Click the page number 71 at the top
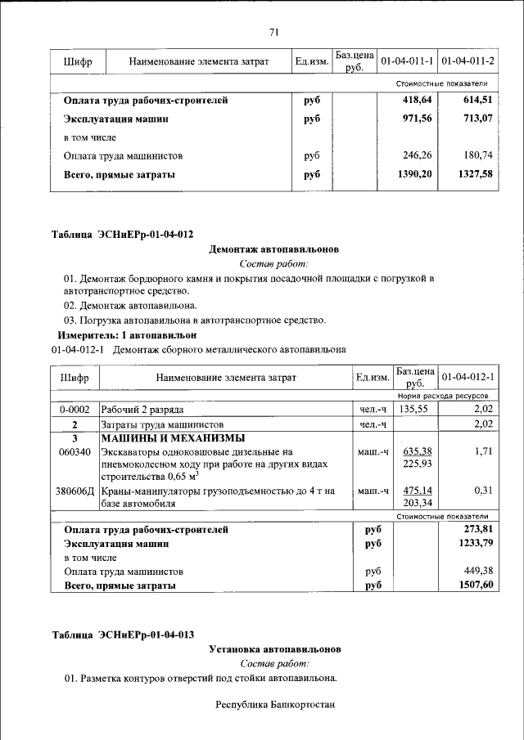(x=274, y=32)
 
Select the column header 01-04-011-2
(x=468, y=61)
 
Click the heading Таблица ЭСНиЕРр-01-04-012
(x=123, y=235)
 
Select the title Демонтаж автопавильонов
(x=274, y=249)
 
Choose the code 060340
(x=75, y=451)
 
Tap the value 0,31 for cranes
(x=482, y=491)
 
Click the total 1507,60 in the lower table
(x=477, y=585)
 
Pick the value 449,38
(x=479, y=571)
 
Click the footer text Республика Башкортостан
(x=275, y=705)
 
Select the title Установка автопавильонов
(x=274, y=649)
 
